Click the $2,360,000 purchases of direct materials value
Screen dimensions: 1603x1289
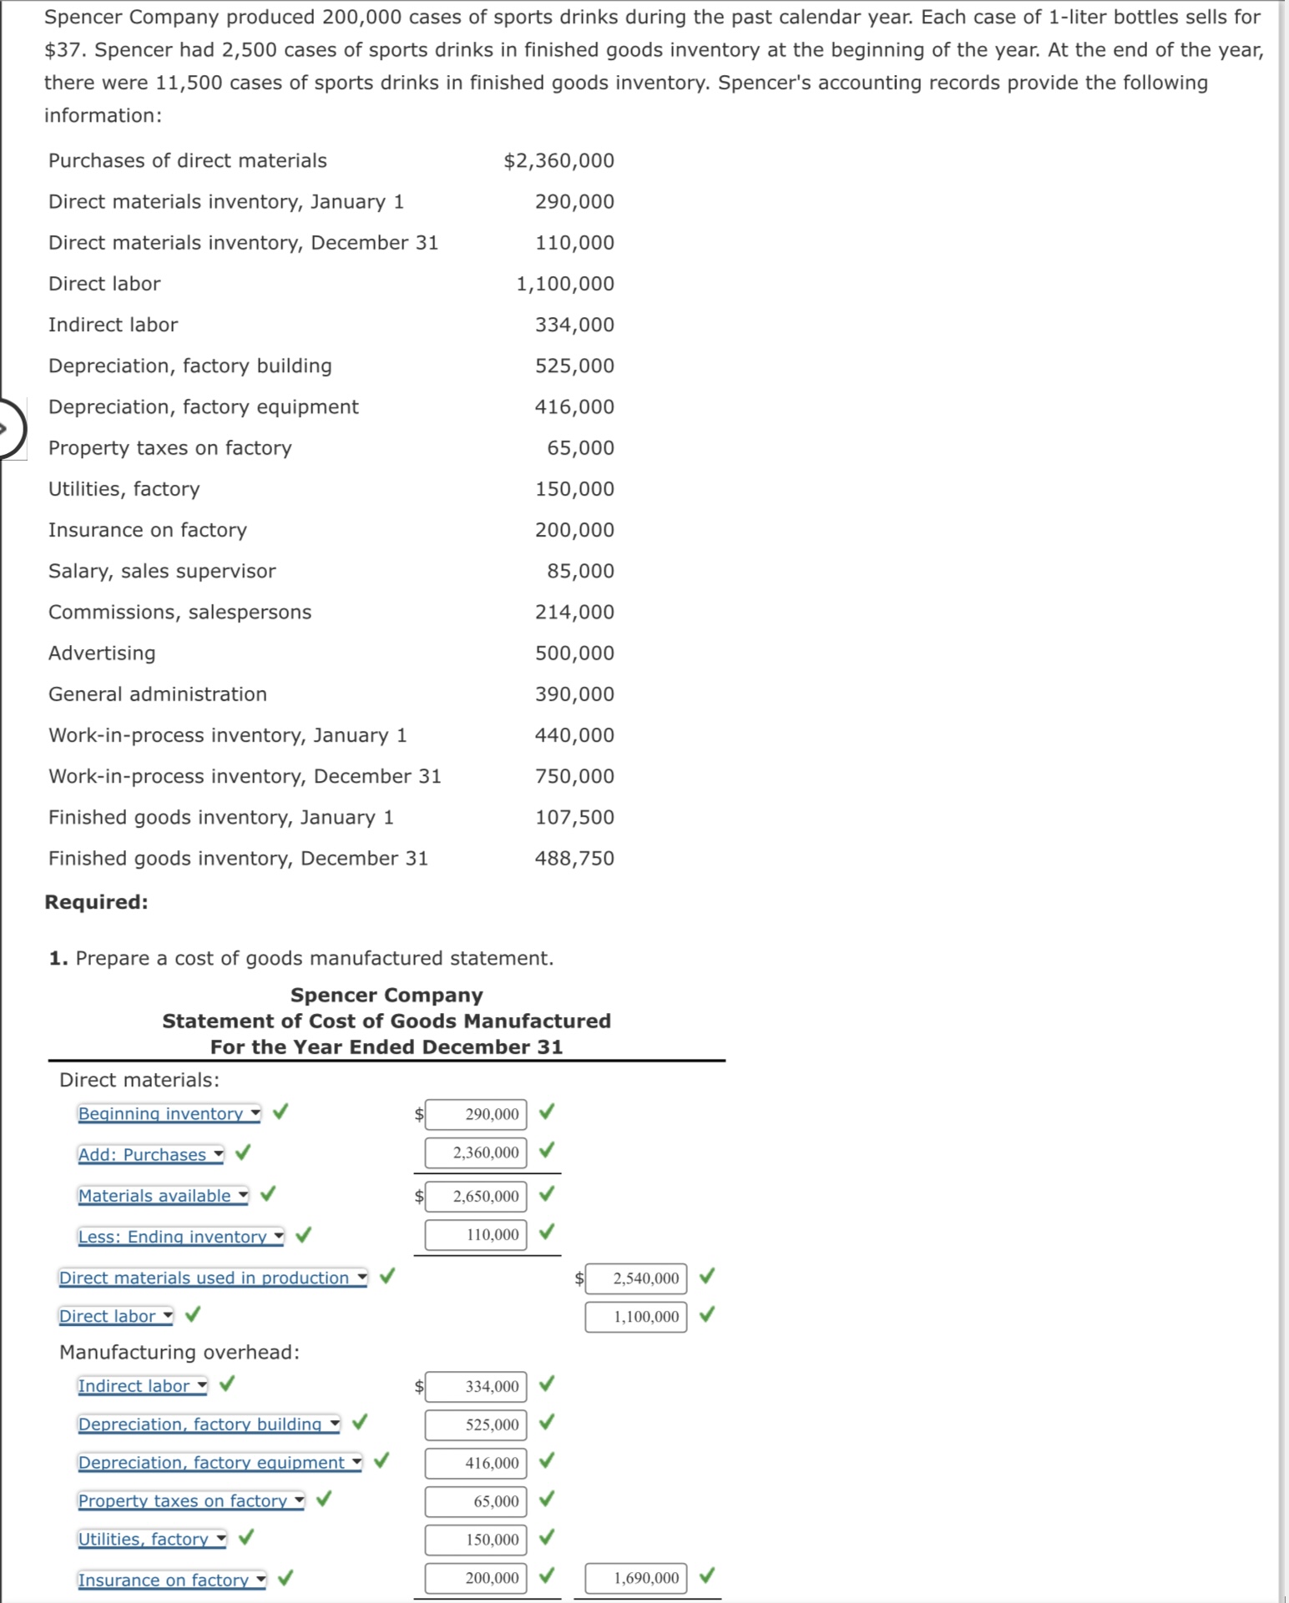click(x=559, y=160)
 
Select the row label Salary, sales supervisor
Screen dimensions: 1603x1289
click(x=161, y=571)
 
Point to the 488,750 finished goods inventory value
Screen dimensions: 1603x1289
click(x=574, y=858)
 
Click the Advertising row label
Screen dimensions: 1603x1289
click(x=102, y=653)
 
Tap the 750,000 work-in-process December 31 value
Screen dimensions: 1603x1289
click(x=574, y=776)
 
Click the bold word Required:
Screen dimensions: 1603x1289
click(x=96, y=902)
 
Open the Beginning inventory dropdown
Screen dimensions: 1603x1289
click(x=169, y=1113)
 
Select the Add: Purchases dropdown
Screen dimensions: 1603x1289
click(x=150, y=1154)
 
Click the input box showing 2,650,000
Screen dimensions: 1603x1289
click(x=476, y=1196)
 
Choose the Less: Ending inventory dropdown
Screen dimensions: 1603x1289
click(x=180, y=1236)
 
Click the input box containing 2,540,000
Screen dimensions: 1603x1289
click(x=636, y=1278)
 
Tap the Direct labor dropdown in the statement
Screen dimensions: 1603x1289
click(x=115, y=1316)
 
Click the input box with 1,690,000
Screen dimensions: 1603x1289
click(x=636, y=1577)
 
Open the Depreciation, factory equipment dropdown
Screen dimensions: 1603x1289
click(x=220, y=1462)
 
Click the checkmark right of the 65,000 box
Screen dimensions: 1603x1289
click(x=547, y=1499)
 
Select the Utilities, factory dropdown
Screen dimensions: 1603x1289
click(x=152, y=1539)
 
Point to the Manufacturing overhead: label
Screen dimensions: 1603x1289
click(x=179, y=1352)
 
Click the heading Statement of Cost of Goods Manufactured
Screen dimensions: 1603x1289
click(x=386, y=1021)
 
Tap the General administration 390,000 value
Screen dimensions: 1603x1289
click(x=574, y=694)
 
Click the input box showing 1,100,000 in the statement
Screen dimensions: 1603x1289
click(x=636, y=1317)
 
